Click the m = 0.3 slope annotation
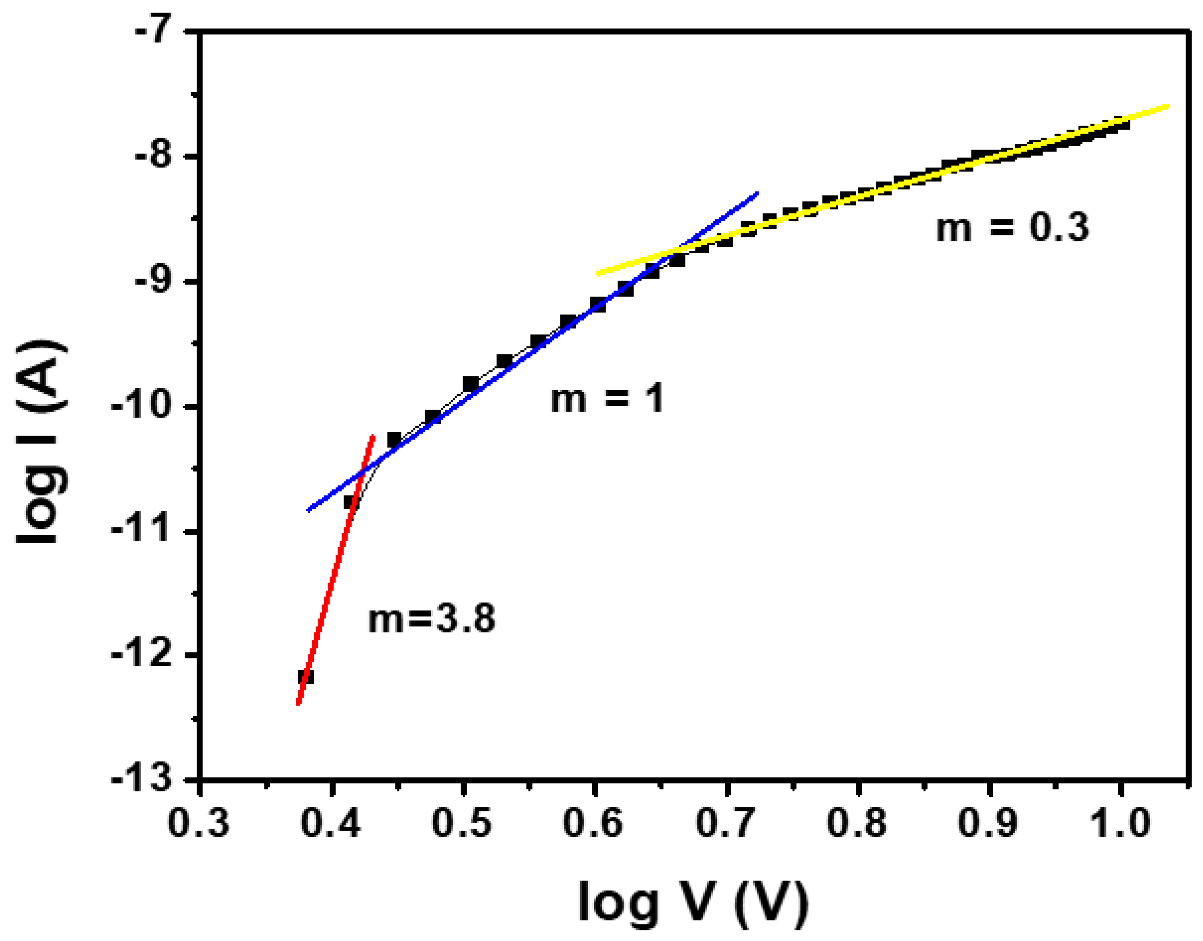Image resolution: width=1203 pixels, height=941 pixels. [x=1012, y=227]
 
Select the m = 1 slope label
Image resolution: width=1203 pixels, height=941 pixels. [x=607, y=399]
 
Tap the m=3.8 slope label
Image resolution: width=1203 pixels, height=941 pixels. [x=431, y=618]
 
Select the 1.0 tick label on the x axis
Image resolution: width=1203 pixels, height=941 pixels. [x=1122, y=823]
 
